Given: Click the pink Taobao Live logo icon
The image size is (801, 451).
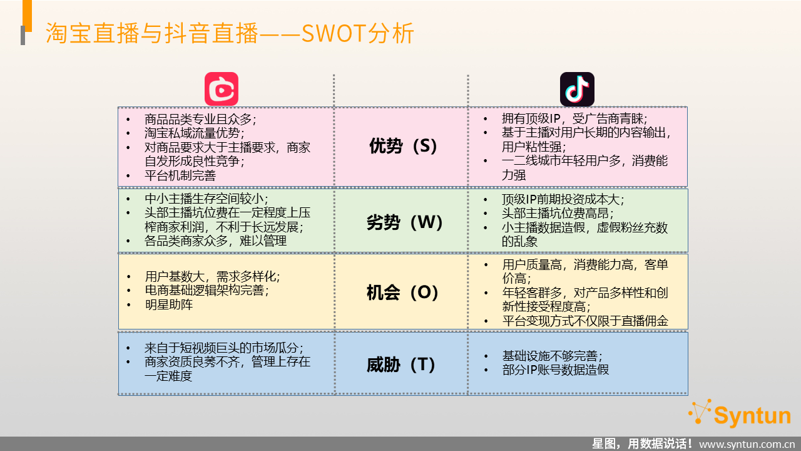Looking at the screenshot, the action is point(222,89).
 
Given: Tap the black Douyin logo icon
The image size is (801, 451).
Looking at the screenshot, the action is point(577,89).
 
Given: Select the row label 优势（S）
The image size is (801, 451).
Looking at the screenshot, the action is point(403,146).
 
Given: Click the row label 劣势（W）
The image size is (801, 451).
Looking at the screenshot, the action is point(404,222).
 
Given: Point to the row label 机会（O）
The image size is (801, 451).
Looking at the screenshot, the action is point(402,293).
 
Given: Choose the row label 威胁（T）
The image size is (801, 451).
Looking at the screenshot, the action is point(401,365).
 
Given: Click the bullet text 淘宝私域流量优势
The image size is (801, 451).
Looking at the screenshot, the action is point(194,133).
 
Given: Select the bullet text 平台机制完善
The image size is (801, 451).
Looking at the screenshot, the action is point(180,175).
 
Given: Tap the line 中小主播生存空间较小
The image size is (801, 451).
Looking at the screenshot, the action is point(206,199).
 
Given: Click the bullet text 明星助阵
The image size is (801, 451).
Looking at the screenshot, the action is point(169,304).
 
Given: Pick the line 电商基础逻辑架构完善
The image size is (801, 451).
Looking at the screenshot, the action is point(207,290).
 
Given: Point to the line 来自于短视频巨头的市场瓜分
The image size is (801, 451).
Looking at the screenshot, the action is point(224,348).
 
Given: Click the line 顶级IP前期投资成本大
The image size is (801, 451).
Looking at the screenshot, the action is point(563,199).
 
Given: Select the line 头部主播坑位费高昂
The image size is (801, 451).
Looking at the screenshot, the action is point(558,214).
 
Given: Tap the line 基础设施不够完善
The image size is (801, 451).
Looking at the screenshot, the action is point(552,356).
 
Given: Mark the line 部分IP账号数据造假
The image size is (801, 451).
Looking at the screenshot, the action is point(555,370).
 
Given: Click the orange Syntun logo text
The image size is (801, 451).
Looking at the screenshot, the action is point(752,416).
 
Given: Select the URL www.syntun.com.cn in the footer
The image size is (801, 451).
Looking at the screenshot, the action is point(747,444).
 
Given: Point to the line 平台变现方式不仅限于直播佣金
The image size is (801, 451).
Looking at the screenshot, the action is point(585,321).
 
